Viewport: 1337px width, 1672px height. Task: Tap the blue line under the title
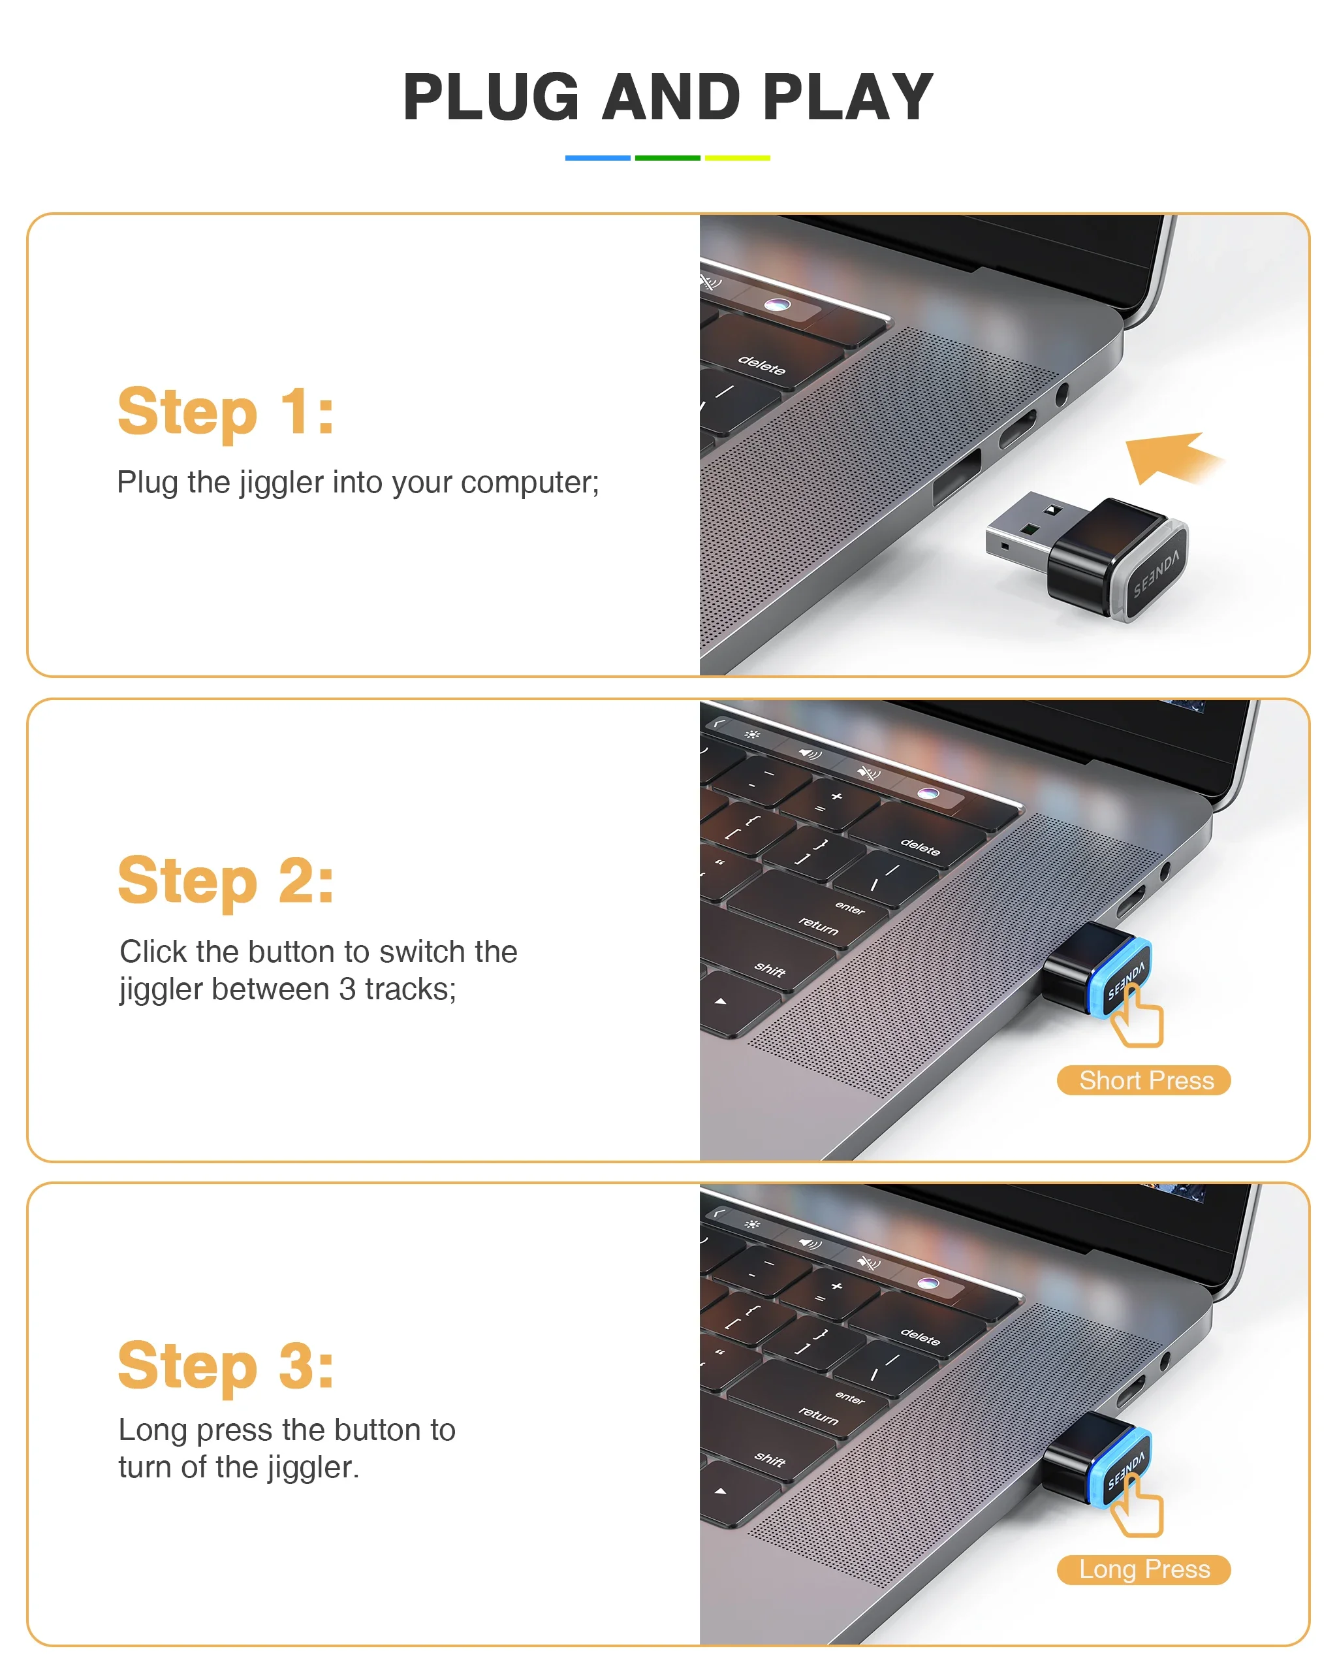click(x=597, y=158)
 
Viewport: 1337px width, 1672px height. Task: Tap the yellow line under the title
click(x=737, y=158)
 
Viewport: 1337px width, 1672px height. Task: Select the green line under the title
click(x=667, y=158)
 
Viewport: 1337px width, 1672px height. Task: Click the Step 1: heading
click(x=225, y=412)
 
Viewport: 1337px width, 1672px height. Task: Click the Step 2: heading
click(x=225, y=881)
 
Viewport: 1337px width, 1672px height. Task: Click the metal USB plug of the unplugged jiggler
click(x=1023, y=530)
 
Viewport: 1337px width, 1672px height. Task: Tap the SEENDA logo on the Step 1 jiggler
click(x=1156, y=574)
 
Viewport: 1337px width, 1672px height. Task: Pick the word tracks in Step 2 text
click(x=410, y=989)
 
